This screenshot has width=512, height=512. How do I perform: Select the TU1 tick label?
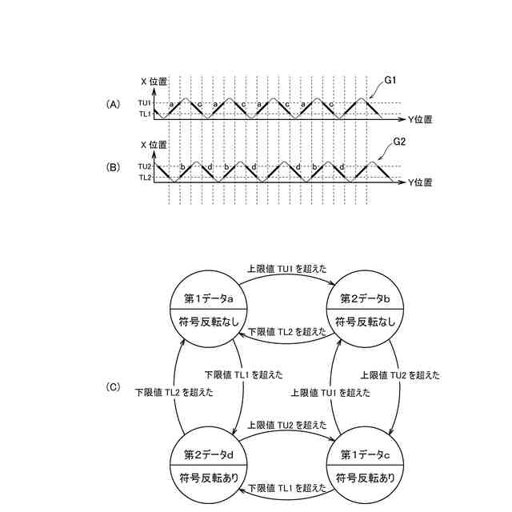click(144, 104)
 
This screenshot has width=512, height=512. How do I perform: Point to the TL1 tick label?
click(144, 117)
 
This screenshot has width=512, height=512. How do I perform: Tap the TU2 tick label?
click(144, 166)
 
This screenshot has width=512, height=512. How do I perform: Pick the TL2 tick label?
click(144, 177)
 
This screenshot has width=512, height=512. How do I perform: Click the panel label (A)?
click(114, 104)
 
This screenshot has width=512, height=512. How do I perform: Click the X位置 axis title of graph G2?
click(154, 145)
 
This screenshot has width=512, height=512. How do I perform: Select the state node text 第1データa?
click(209, 298)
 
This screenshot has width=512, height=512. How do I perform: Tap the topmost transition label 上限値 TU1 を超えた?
click(287, 269)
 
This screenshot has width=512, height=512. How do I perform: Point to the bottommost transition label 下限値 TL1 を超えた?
click(287, 488)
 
